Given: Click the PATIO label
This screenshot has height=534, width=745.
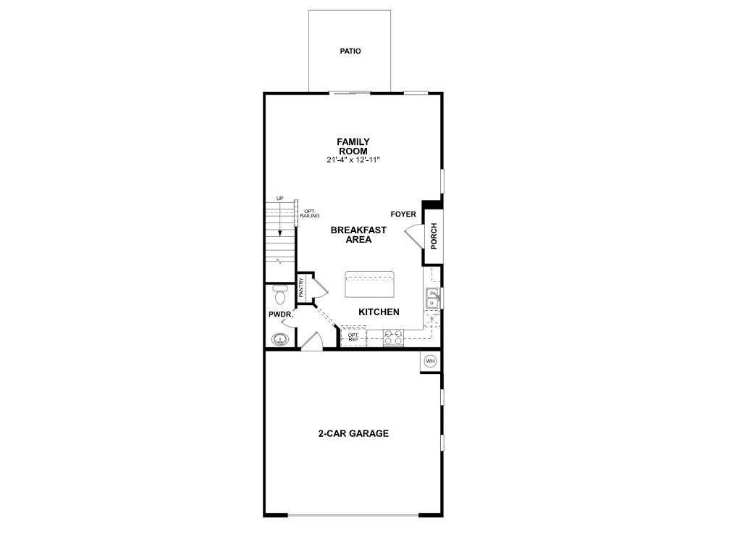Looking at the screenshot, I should coord(350,51).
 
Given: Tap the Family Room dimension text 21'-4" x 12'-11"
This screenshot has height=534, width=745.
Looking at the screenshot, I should coord(353,160).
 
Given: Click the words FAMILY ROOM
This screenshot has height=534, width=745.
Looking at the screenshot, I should coord(353,146).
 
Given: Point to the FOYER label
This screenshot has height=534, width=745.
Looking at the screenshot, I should coord(403,214).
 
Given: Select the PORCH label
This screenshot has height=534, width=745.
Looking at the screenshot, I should coord(434,236).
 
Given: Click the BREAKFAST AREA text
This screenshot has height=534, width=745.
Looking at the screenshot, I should coord(358,235).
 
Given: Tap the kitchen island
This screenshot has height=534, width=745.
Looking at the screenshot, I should coord(369,285).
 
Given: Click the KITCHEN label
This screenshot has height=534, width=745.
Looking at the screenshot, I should coord(379,312).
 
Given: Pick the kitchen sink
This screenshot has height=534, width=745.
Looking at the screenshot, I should coord(432,298).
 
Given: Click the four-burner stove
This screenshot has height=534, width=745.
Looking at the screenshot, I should coord(393,337).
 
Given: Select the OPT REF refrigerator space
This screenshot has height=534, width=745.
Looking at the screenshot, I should coord(353,337).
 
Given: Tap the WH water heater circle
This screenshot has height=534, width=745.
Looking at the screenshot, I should coord(430,361).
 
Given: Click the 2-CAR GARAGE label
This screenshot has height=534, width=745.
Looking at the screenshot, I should coord(353,434).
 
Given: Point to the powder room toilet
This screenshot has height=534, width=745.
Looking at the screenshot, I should coord(280,295).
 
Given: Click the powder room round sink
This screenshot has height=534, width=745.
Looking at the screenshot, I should coord(280,339).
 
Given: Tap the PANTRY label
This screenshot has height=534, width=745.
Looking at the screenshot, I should coord(301,288).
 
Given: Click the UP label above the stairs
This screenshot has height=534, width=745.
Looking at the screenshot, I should coord(279,199).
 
